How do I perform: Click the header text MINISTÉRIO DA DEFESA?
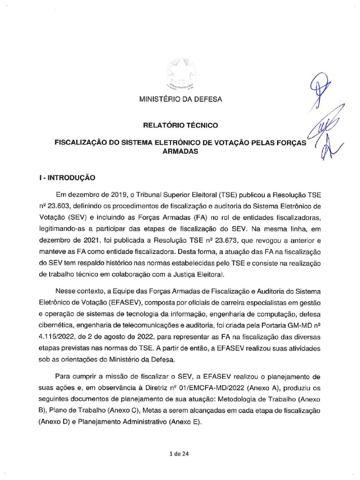pos(180,99)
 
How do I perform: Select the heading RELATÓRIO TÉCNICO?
pos(180,126)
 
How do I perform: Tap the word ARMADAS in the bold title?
pos(180,152)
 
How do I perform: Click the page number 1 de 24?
pos(180,454)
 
